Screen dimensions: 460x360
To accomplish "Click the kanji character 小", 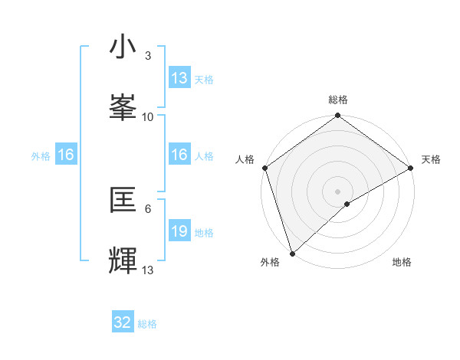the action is pos(123,47).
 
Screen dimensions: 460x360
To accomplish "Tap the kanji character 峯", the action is pos(123,108).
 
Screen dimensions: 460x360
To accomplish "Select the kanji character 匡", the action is pos(123,200).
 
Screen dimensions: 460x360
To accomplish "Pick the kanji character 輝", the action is pos(123,260).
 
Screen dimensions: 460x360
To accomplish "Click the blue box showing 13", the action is pos(179,78).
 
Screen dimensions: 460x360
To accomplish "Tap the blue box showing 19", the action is pos(179,231).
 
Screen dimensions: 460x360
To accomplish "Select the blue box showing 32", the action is pos(123,322).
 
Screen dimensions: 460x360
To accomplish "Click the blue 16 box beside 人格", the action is pos(179,155).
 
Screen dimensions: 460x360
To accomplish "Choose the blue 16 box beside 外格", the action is pos(66,155).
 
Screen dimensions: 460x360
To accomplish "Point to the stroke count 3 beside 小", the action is pos(147,56).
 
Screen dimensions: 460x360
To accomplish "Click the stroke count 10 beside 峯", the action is pos(148,116).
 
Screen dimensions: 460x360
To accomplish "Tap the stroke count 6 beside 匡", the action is pos(147,208).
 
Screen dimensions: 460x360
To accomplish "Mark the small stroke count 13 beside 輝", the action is pos(148,270).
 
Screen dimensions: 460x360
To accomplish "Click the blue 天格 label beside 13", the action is pos(203,79).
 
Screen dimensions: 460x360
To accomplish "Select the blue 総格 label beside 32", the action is pos(147,324).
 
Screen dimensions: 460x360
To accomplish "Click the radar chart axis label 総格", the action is pos(337,100).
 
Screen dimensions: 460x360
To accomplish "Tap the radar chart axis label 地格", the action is pos(402,262).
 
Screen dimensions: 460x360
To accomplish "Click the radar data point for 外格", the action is pos(292,253).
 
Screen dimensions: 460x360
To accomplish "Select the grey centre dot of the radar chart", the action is pos(337,191).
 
